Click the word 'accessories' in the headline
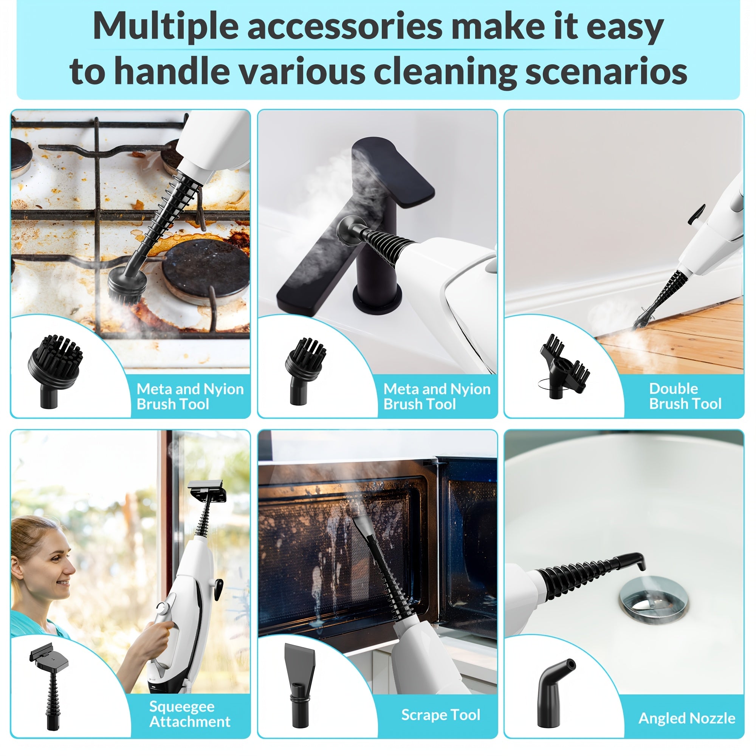(345, 26)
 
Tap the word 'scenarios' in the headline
(606, 71)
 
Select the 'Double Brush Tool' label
(685, 396)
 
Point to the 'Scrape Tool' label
(441, 714)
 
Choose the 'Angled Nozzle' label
(687, 718)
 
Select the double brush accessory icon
(564, 366)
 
